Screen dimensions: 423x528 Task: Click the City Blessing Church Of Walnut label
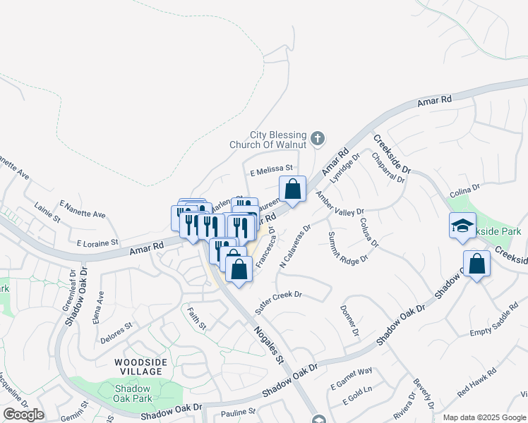[268, 140]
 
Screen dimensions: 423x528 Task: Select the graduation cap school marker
[462, 226]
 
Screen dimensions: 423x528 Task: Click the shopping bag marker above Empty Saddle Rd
[477, 264]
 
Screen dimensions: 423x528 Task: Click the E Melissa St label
[271, 170]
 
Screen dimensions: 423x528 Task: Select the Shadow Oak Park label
[133, 393]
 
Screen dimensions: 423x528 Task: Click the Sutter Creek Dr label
[278, 297]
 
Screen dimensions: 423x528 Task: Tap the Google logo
[23, 415]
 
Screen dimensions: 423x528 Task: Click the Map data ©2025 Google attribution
[484, 417]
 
